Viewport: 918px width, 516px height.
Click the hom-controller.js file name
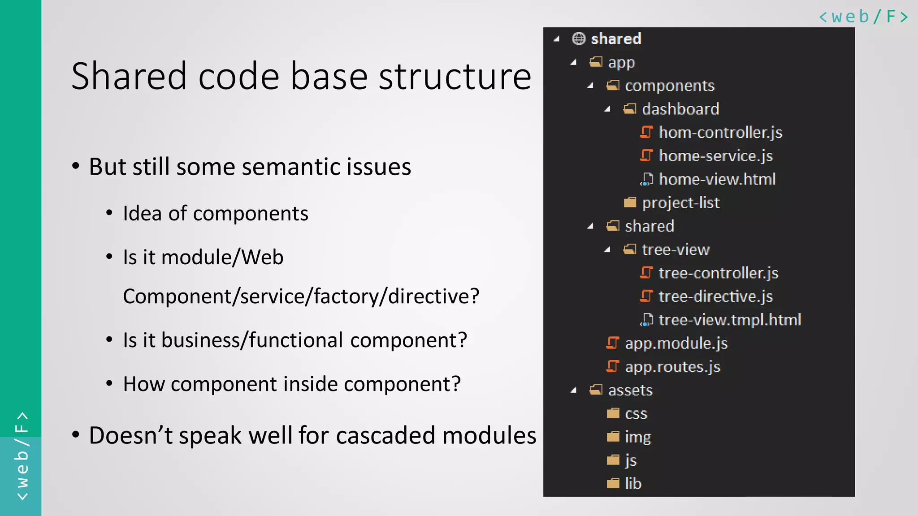[720, 133]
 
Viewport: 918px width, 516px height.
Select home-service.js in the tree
[715, 156]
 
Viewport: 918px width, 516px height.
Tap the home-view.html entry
[717, 179]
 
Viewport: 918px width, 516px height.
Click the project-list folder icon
[630, 203]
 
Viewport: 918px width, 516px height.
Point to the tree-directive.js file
[715, 297]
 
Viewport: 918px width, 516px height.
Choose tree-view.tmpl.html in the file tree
[729, 320]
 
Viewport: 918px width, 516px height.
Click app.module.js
[676, 344]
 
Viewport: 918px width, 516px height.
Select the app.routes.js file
[672, 367]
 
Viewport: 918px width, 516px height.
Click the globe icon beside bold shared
[579, 39]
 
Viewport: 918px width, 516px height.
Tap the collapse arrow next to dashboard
[607, 109]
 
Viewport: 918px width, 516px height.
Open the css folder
[636, 413]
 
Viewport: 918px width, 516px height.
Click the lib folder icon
[613, 484]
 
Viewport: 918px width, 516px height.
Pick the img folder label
[637, 437]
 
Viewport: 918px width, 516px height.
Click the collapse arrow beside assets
[573, 391]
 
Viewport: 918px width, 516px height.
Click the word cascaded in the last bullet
[385, 435]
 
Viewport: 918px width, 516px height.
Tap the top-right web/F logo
[863, 17]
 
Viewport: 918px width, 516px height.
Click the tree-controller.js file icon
[646, 273]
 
